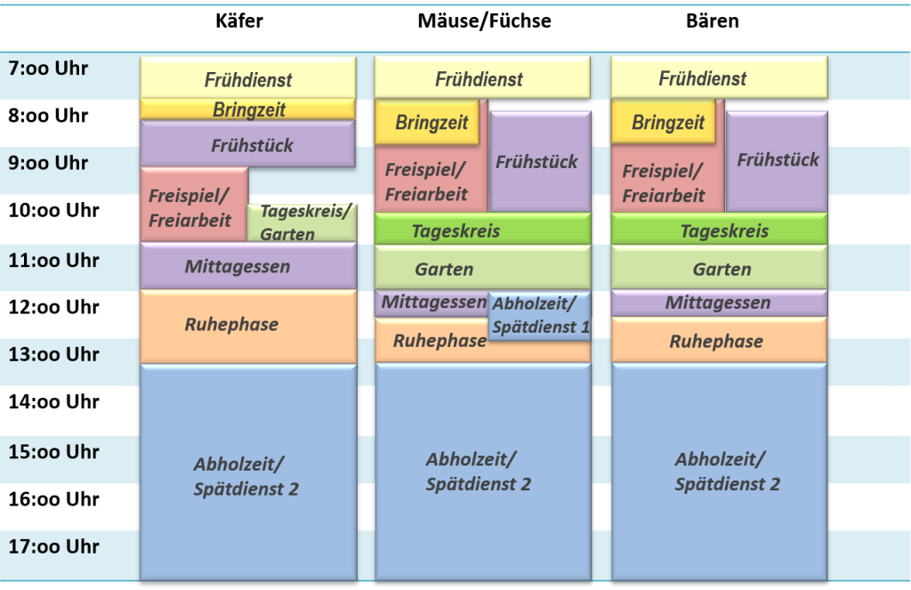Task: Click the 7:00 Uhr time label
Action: pyautogui.click(x=49, y=69)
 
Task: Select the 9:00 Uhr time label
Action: pyautogui.click(x=49, y=164)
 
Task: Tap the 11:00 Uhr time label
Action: pyautogui.click(x=53, y=262)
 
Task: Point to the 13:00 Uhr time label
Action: pyautogui.click(x=53, y=355)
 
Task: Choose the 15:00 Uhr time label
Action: pyautogui.click(x=53, y=452)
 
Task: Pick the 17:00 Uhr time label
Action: pyautogui.click(x=53, y=546)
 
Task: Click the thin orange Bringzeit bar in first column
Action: pyautogui.click(x=248, y=109)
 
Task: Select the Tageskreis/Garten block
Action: pyautogui.click(x=303, y=222)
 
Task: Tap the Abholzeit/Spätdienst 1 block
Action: pyautogui.click(x=540, y=316)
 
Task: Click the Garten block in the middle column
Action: pyautogui.click(x=482, y=269)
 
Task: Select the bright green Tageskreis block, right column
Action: pyautogui.click(x=719, y=230)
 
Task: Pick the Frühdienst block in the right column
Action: pyautogui.click(x=719, y=78)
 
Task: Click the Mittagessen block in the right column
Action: pyautogui.click(x=719, y=303)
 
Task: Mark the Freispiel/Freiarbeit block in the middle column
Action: pyautogui.click(x=427, y=182)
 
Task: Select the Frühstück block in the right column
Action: pyautogui.click(x=778, y=160)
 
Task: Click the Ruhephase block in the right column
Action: pyautogui.click(x=719, y=341)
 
